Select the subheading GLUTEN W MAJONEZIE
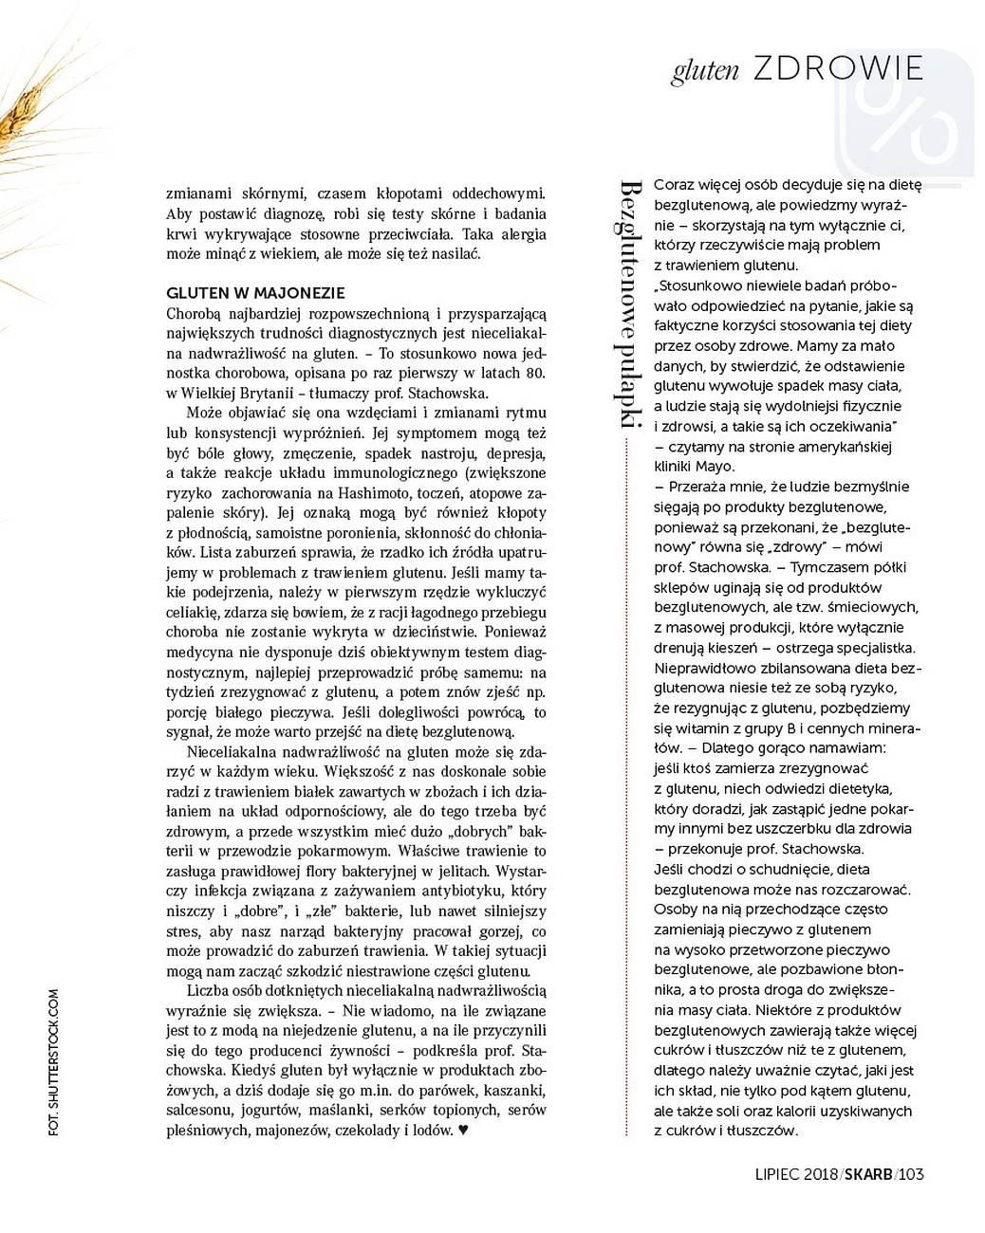click(x=255, y=293)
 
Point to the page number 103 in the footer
click(x=911, y=1175)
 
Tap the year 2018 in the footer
click(x=819, y=1175)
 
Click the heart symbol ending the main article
click(x=463, y=1131)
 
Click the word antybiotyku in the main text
click(x=462, y=891)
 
